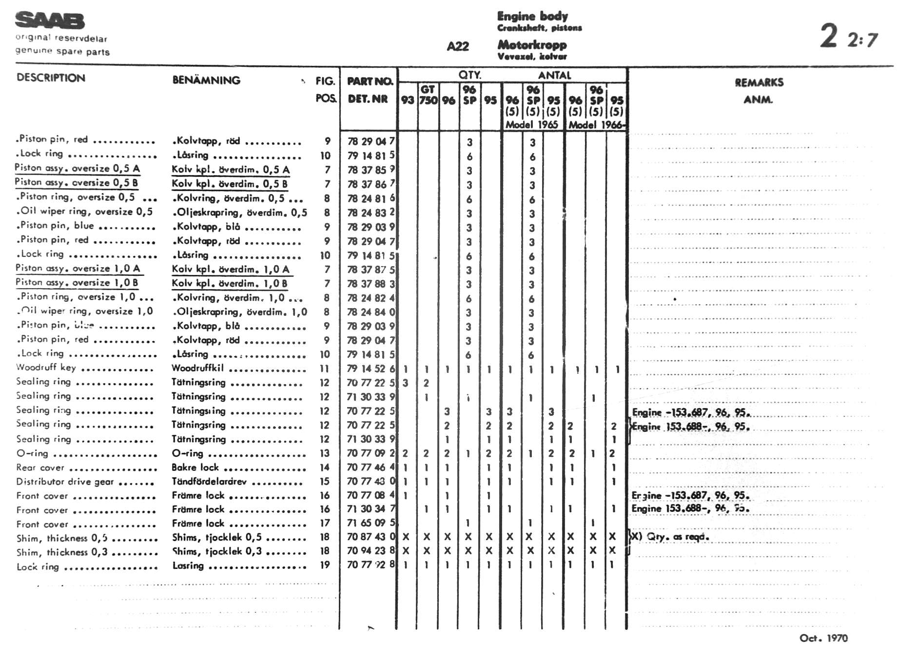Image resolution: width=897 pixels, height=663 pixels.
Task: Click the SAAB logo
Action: tap(50, 21)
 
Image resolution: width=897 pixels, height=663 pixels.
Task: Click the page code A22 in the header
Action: tap(458, 46)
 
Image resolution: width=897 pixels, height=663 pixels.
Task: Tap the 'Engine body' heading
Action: tap(532, 16)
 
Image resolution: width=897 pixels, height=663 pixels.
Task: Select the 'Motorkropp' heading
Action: tap(532, 45)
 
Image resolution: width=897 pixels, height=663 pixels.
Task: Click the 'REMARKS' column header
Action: tap(759, 82)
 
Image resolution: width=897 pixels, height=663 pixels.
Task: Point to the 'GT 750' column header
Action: tap(428, 95)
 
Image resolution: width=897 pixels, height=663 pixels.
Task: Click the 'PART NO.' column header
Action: tap(370, 81)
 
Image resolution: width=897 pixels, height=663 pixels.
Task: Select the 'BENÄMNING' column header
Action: tap(206, 80)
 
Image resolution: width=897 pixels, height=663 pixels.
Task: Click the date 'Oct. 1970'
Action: tap(823, 638)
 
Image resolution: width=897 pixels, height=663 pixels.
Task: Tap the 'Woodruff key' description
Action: tap(46, 368)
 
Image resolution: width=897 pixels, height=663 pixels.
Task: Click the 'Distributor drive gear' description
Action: tap(65, 482)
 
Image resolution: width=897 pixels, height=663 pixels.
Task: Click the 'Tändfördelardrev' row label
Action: tap(209, 482)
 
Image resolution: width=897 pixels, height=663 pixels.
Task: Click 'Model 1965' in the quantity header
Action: tap(531, 124)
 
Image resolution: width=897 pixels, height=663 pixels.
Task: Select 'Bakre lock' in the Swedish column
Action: tap(195, 468)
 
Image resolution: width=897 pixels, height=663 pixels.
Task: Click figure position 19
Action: tap(325, 565)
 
